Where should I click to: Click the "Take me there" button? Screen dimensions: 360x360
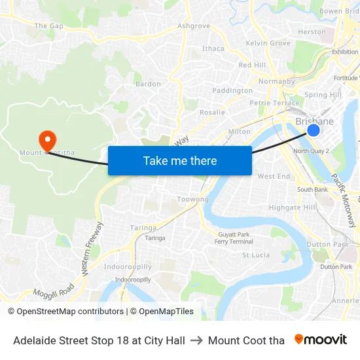pos(180,160)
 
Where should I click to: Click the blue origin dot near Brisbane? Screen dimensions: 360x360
pos(314,130)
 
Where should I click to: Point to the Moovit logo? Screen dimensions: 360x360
pos(321,340)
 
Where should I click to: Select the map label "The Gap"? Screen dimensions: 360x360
pos(48,26)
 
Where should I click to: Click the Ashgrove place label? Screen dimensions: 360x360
pos(194,26)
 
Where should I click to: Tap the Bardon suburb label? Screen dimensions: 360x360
pos(148,84)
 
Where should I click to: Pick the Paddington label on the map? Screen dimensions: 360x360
pos(232,90)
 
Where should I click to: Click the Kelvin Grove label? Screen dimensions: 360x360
pos(268,43)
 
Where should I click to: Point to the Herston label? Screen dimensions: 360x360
pos(312,31)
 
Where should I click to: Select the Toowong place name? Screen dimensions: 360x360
pos(193,199)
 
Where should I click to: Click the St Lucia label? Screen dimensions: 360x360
pos(256,255)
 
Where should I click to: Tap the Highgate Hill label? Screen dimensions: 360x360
pos(293,207)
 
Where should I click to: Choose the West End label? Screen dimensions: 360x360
pos(274,177)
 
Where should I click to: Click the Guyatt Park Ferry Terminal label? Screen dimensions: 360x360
pos(234,238)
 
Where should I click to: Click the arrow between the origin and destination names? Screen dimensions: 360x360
pos(195,340)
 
